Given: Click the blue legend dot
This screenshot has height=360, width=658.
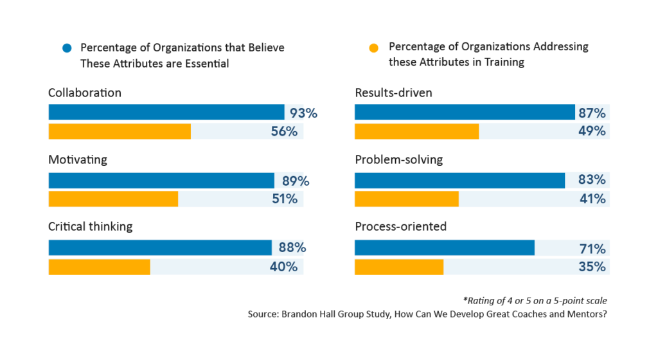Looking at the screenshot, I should point(66,48).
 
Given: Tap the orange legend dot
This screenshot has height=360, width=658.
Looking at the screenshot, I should point(375,48).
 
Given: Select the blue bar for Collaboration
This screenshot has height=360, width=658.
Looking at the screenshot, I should point(166,113).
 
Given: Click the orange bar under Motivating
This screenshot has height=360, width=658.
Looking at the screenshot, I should point(113,199).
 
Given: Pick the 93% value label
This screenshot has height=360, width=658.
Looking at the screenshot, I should point(303,113).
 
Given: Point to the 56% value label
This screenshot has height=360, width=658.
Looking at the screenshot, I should point(283,131).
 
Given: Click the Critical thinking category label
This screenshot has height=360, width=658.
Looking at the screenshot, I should point(90,226).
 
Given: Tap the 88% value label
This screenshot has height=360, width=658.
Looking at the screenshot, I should point(292,248).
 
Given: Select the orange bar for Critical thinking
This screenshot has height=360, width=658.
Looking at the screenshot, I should point(99,266).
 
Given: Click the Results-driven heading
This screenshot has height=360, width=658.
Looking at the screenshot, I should point(393,93).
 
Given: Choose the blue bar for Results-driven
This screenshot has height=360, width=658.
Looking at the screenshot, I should point(465,113).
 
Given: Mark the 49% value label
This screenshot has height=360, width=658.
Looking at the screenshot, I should point(592,131).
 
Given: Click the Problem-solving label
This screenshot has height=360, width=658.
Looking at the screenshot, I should point(398,159).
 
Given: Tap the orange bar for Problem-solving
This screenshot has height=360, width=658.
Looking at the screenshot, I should point(406,199).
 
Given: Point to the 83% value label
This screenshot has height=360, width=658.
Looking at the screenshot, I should point(592,180).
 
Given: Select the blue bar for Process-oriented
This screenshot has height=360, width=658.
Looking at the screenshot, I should point(444,248).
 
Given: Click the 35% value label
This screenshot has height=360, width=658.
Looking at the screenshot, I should point(592,266).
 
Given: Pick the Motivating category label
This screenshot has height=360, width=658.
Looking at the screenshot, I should point(78,159).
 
